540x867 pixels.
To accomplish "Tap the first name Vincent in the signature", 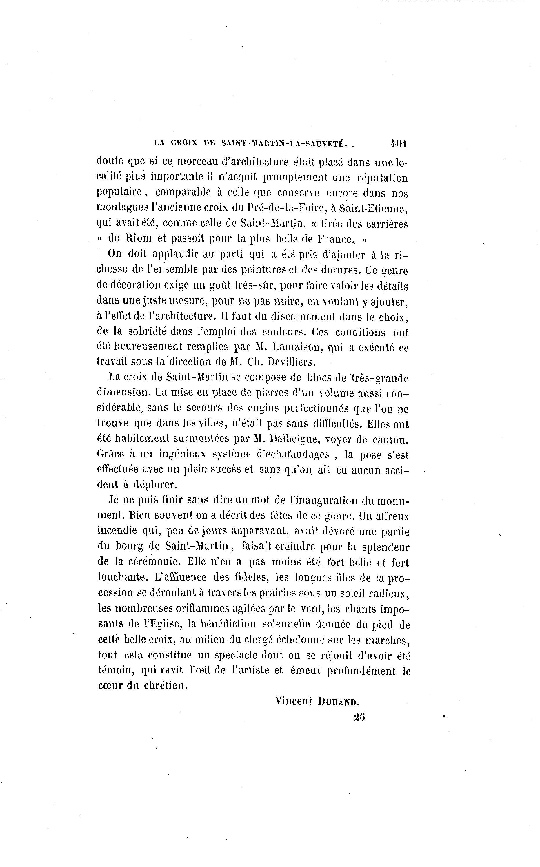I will click(x=294, y=701).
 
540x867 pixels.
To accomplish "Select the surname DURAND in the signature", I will click(x=338, y=702).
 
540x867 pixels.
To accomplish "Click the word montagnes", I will click(x=119, y=208).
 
